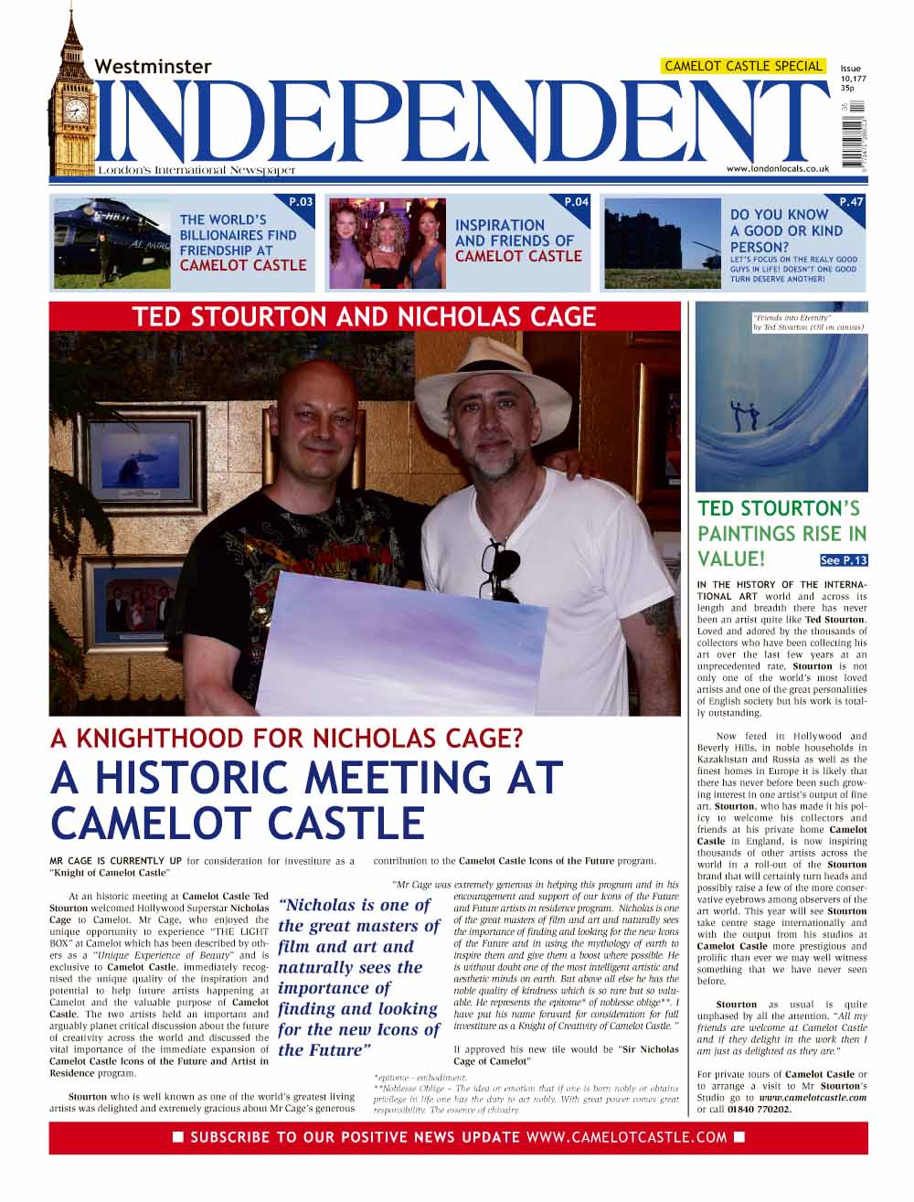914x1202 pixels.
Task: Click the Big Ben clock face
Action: pos(76,111)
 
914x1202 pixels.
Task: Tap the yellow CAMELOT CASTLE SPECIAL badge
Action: pos(743,66)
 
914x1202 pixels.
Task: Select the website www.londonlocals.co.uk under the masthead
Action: pos(777,169)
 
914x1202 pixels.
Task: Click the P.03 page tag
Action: pos(301,202)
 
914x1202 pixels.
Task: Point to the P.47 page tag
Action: pos(850,202)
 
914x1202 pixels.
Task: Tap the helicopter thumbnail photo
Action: pos(112,243)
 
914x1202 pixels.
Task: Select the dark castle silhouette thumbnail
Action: pos(662,243)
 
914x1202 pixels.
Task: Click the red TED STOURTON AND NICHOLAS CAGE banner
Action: pos(364,317)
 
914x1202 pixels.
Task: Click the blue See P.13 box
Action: pos(843,560)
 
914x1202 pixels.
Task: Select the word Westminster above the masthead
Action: pos(153,67)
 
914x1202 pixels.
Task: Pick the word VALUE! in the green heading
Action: pos(730,558)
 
